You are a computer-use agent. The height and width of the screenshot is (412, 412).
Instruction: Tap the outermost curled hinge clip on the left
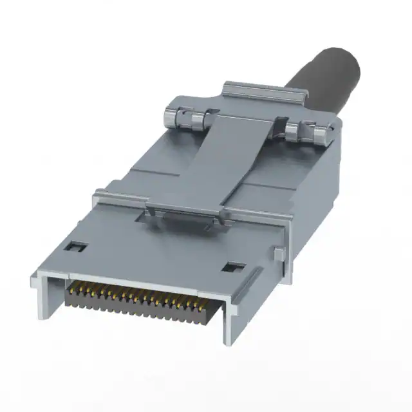coord(168,118)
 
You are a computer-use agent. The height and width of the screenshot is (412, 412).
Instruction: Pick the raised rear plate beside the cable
coord(257,91)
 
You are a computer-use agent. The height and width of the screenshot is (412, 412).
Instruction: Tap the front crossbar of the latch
coord(187,210)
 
